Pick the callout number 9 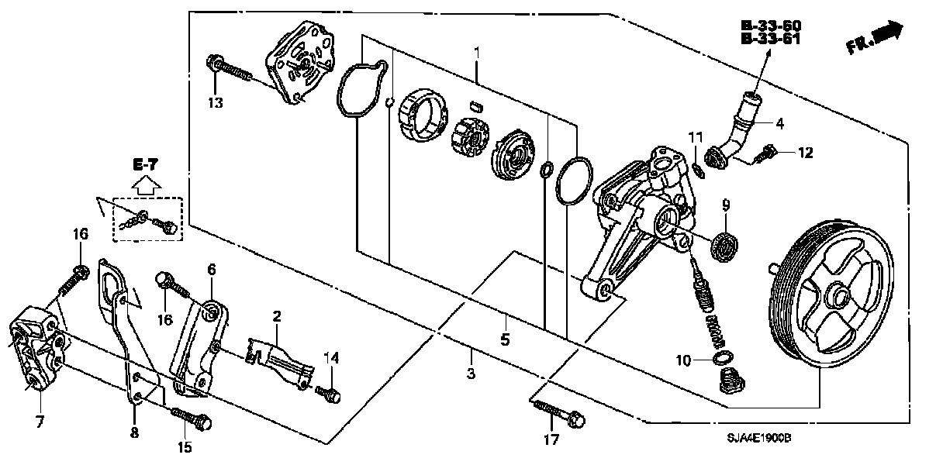[x=727, y=205]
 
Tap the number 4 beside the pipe [x=781, y=122]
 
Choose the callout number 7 [x=40, y=422]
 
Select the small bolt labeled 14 [x=328, y=394]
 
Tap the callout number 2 [x=276, y=316]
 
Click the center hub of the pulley [x=837, y=297]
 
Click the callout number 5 [x=504, y=339]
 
